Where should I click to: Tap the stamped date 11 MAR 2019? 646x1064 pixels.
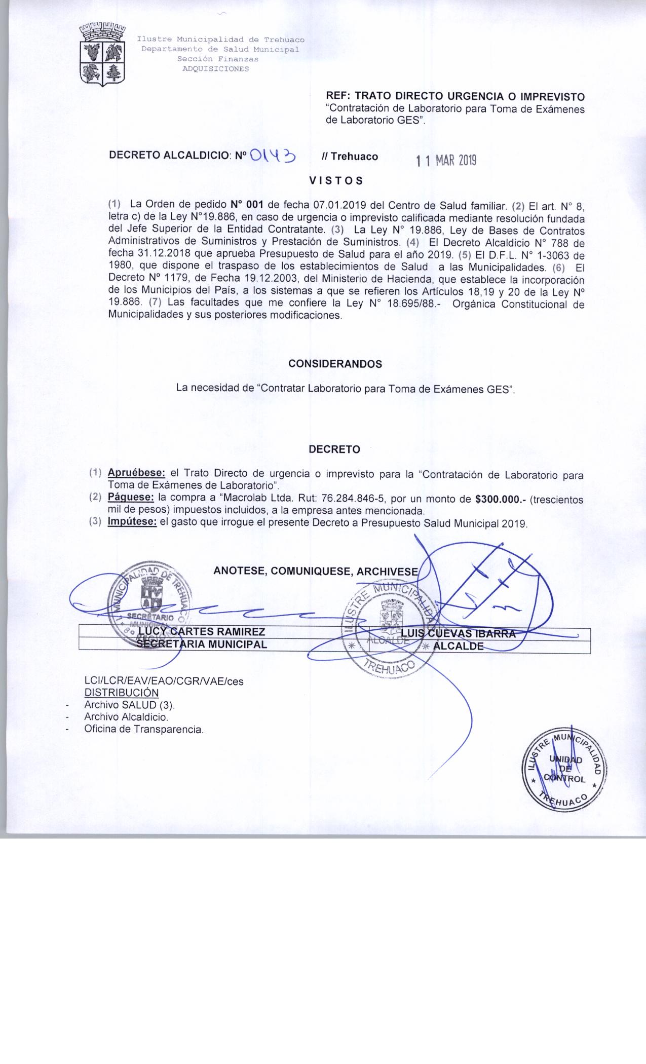coord(446,162)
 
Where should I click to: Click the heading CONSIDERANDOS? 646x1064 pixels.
coord(335,364)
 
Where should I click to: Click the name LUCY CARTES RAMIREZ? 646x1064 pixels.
coord(202,632)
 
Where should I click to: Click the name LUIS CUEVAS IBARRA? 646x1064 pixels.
coord(458,633)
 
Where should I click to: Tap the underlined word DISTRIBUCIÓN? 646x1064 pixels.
coord(121,693)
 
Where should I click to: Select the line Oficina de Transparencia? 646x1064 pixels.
coord(144,730)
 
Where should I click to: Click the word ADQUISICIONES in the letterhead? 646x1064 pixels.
coord(216,69)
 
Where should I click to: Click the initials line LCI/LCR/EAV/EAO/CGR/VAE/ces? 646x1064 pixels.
coord(164,681)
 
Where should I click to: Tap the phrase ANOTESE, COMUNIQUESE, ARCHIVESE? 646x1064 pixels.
coord(316,571)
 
